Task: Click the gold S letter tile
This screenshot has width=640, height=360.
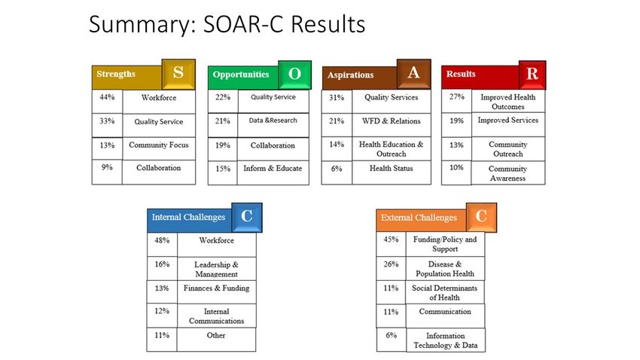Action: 178,74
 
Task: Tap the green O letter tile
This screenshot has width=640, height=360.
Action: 294,75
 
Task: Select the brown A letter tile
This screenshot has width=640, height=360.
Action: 413,74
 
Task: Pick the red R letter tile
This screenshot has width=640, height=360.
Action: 532,75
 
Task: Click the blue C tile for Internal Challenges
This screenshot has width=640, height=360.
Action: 246,218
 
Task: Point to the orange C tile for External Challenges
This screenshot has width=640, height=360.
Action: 481,217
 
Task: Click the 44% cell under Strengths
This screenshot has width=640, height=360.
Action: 107,102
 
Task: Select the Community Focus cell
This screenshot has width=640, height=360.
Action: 159,148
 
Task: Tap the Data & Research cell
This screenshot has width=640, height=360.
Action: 273,125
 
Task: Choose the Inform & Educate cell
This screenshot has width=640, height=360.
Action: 273,172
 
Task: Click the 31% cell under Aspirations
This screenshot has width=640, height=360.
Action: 337,102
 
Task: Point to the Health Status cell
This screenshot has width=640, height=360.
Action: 392,172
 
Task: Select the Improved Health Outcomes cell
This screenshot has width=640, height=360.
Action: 508,101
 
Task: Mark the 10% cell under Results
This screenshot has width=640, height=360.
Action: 456,172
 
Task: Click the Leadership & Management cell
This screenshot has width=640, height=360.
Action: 216,269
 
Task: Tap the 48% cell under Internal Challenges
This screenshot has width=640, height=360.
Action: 162,245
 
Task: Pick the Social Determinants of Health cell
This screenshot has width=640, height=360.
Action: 445,292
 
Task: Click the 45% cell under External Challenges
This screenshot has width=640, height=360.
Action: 391,244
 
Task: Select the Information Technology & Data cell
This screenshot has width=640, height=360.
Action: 446,340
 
